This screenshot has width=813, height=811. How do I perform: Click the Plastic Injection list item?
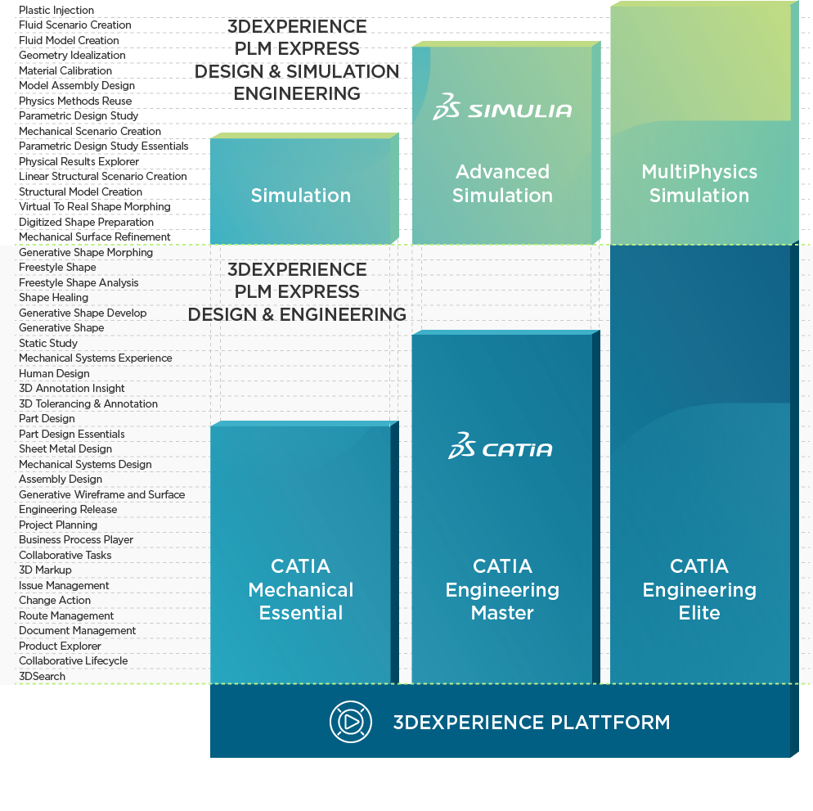point(56,10)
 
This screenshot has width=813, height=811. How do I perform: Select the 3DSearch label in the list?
point(43,676)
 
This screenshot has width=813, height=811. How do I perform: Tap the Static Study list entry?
point(48,343)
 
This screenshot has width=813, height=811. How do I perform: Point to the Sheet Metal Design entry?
point(65,448)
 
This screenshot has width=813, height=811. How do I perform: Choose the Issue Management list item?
point(64,585)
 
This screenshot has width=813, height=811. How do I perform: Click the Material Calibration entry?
point(65,70)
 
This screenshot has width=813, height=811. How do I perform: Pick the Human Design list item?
point(54,373)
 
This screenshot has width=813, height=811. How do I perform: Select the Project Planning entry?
point(58,525)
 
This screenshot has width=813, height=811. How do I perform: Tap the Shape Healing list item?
point(53,297)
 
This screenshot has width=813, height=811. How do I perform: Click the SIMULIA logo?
point(502,107)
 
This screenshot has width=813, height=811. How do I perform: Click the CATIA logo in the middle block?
point(501,447)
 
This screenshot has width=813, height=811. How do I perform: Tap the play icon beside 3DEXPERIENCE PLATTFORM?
point(350,722)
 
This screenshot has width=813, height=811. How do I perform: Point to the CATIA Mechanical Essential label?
point(301,589)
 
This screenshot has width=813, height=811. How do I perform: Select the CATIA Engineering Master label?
point(502,589)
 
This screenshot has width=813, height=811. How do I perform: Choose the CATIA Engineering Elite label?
point(699,589)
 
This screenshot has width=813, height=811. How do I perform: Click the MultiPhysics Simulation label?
point(699,183)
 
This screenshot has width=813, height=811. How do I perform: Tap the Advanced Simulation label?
point(502,183)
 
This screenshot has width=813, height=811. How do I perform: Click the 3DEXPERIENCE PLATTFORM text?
point(532,723)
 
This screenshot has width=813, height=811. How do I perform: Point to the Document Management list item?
point(78,630)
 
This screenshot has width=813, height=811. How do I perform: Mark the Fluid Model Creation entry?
point(69,40)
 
